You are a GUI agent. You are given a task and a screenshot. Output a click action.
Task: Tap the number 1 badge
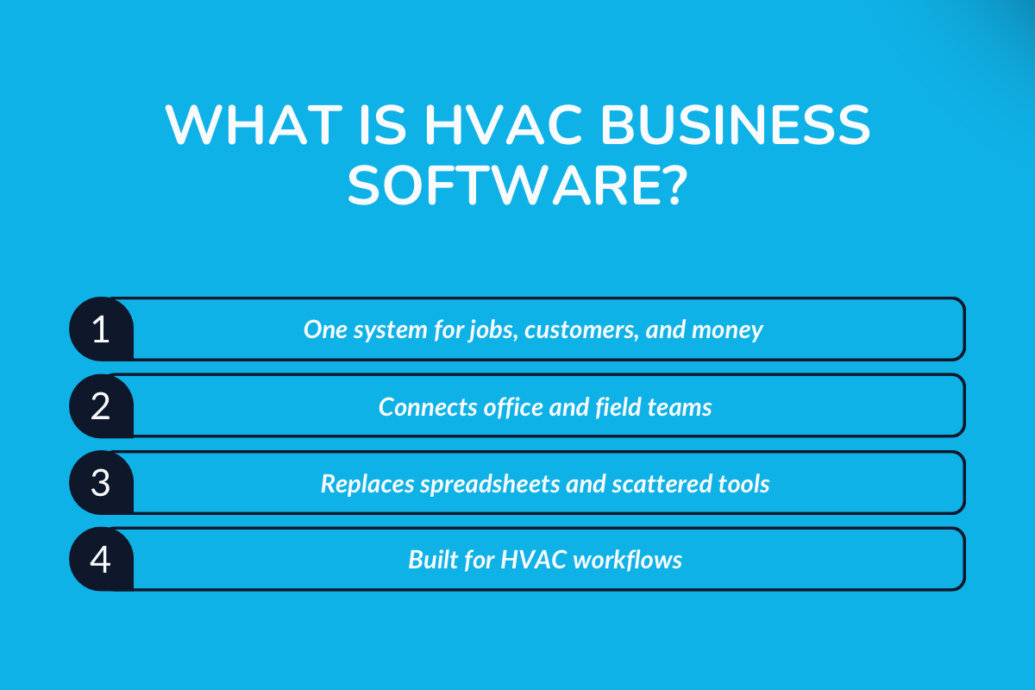101,329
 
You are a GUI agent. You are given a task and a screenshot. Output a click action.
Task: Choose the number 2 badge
101,405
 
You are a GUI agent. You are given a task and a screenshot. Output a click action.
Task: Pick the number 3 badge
101,482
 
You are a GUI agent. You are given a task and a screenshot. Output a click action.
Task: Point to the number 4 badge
101,559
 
